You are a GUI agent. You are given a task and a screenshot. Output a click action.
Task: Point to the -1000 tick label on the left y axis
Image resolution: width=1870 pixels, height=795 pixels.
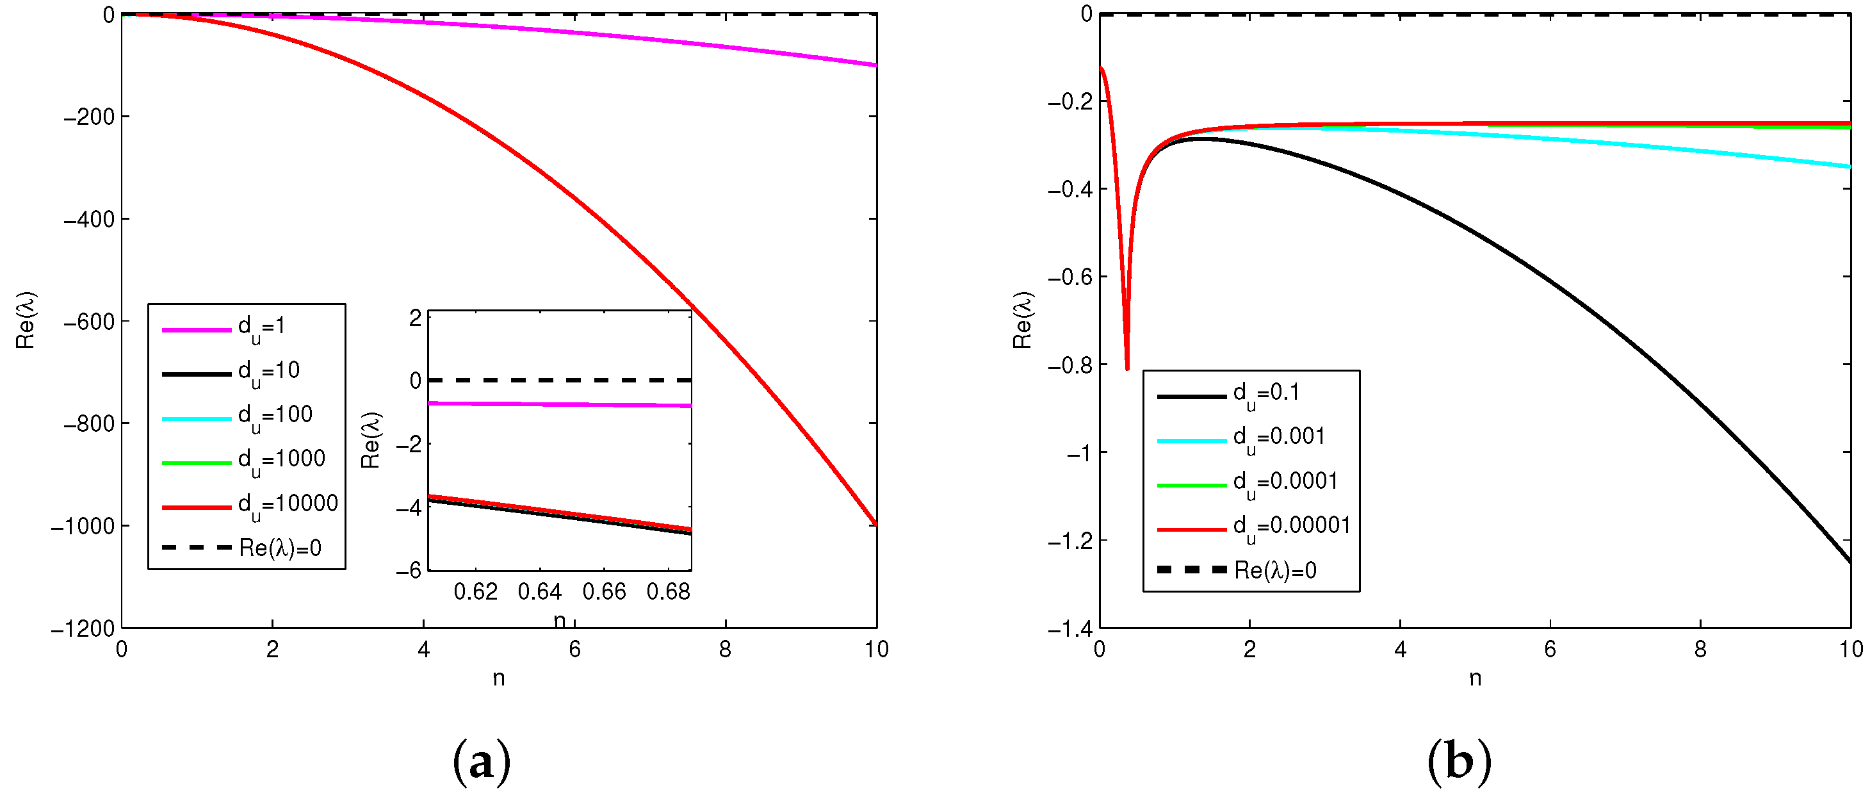pyautogui.click(x=83, y=527)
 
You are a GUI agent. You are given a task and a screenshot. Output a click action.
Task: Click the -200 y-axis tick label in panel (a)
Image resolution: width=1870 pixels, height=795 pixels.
pyautogui.click(x=89, y=117)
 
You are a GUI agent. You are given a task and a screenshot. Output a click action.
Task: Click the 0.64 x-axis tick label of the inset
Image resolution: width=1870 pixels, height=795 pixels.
pyautogui.click(x=539, y=593)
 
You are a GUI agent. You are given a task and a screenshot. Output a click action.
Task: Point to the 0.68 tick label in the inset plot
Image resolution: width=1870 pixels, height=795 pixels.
pyautogui.click(x=668, y=593)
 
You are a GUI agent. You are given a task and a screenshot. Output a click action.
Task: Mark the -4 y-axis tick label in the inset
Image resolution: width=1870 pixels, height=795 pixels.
pyautogui.click(x=409, y=507)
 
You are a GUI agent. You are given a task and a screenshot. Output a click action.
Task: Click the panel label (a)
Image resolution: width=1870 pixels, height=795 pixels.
pyautogui.click(x=482, y=762)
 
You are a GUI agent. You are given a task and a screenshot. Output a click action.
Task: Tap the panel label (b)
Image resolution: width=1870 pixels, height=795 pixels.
pyautogui.click(x=1459, y=762)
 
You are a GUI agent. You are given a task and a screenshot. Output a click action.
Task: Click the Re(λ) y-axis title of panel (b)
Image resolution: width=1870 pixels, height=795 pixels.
pyautogui.click(x=1022, y=320)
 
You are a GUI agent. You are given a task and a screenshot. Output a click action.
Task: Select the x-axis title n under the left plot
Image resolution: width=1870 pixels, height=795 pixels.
pyautogui.click(x=499, y=678)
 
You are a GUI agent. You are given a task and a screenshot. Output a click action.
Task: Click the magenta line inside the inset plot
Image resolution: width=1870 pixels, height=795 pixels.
pyautogui.click(x=559, y=404)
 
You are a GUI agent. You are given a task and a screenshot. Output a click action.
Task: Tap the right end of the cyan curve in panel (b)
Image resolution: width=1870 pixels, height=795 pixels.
pyautogui.click(x=1848, y=167)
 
